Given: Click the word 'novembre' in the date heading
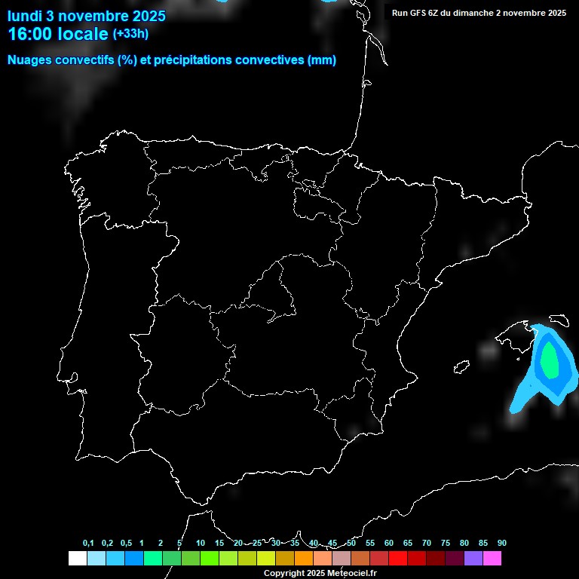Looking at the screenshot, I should [x=95, y=16].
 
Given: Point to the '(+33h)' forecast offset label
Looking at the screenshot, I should [x=130, y=34].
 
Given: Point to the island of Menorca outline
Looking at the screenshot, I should [x=559, y=319].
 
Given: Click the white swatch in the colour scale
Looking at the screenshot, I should [x=77, y=559].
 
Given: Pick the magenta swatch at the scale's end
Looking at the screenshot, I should [x=492, y=559].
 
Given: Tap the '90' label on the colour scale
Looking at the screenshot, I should [x=502, y=544].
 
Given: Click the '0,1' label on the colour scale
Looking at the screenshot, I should [x=88, y=544].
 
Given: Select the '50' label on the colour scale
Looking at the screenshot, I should [x=351, y=544].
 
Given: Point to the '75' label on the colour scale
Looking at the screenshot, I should [x=445, y=544].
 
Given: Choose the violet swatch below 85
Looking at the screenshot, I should [x=473, y=559].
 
